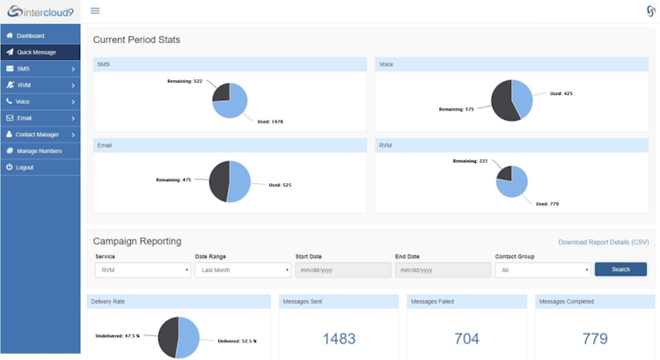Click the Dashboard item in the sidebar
click(30, 36)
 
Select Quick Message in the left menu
click(36, 52)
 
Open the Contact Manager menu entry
click(37, 135)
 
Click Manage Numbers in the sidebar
click(39, 151)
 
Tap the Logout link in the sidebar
click(25, 167)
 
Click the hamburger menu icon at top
click(95, 11)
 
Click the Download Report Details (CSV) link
click(603, 242)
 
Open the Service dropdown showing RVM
click(143, 270)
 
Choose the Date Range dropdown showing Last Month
click(242, 270)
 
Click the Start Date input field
click(342, 270)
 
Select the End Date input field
click(443, 270)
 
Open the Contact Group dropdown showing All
click(542, 270)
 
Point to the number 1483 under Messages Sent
click(339, 339)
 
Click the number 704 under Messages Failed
click(466, 339)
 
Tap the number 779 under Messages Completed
click(595, 339)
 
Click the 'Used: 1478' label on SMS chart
click(269, 121)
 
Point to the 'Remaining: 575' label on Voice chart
click(456, 110)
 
